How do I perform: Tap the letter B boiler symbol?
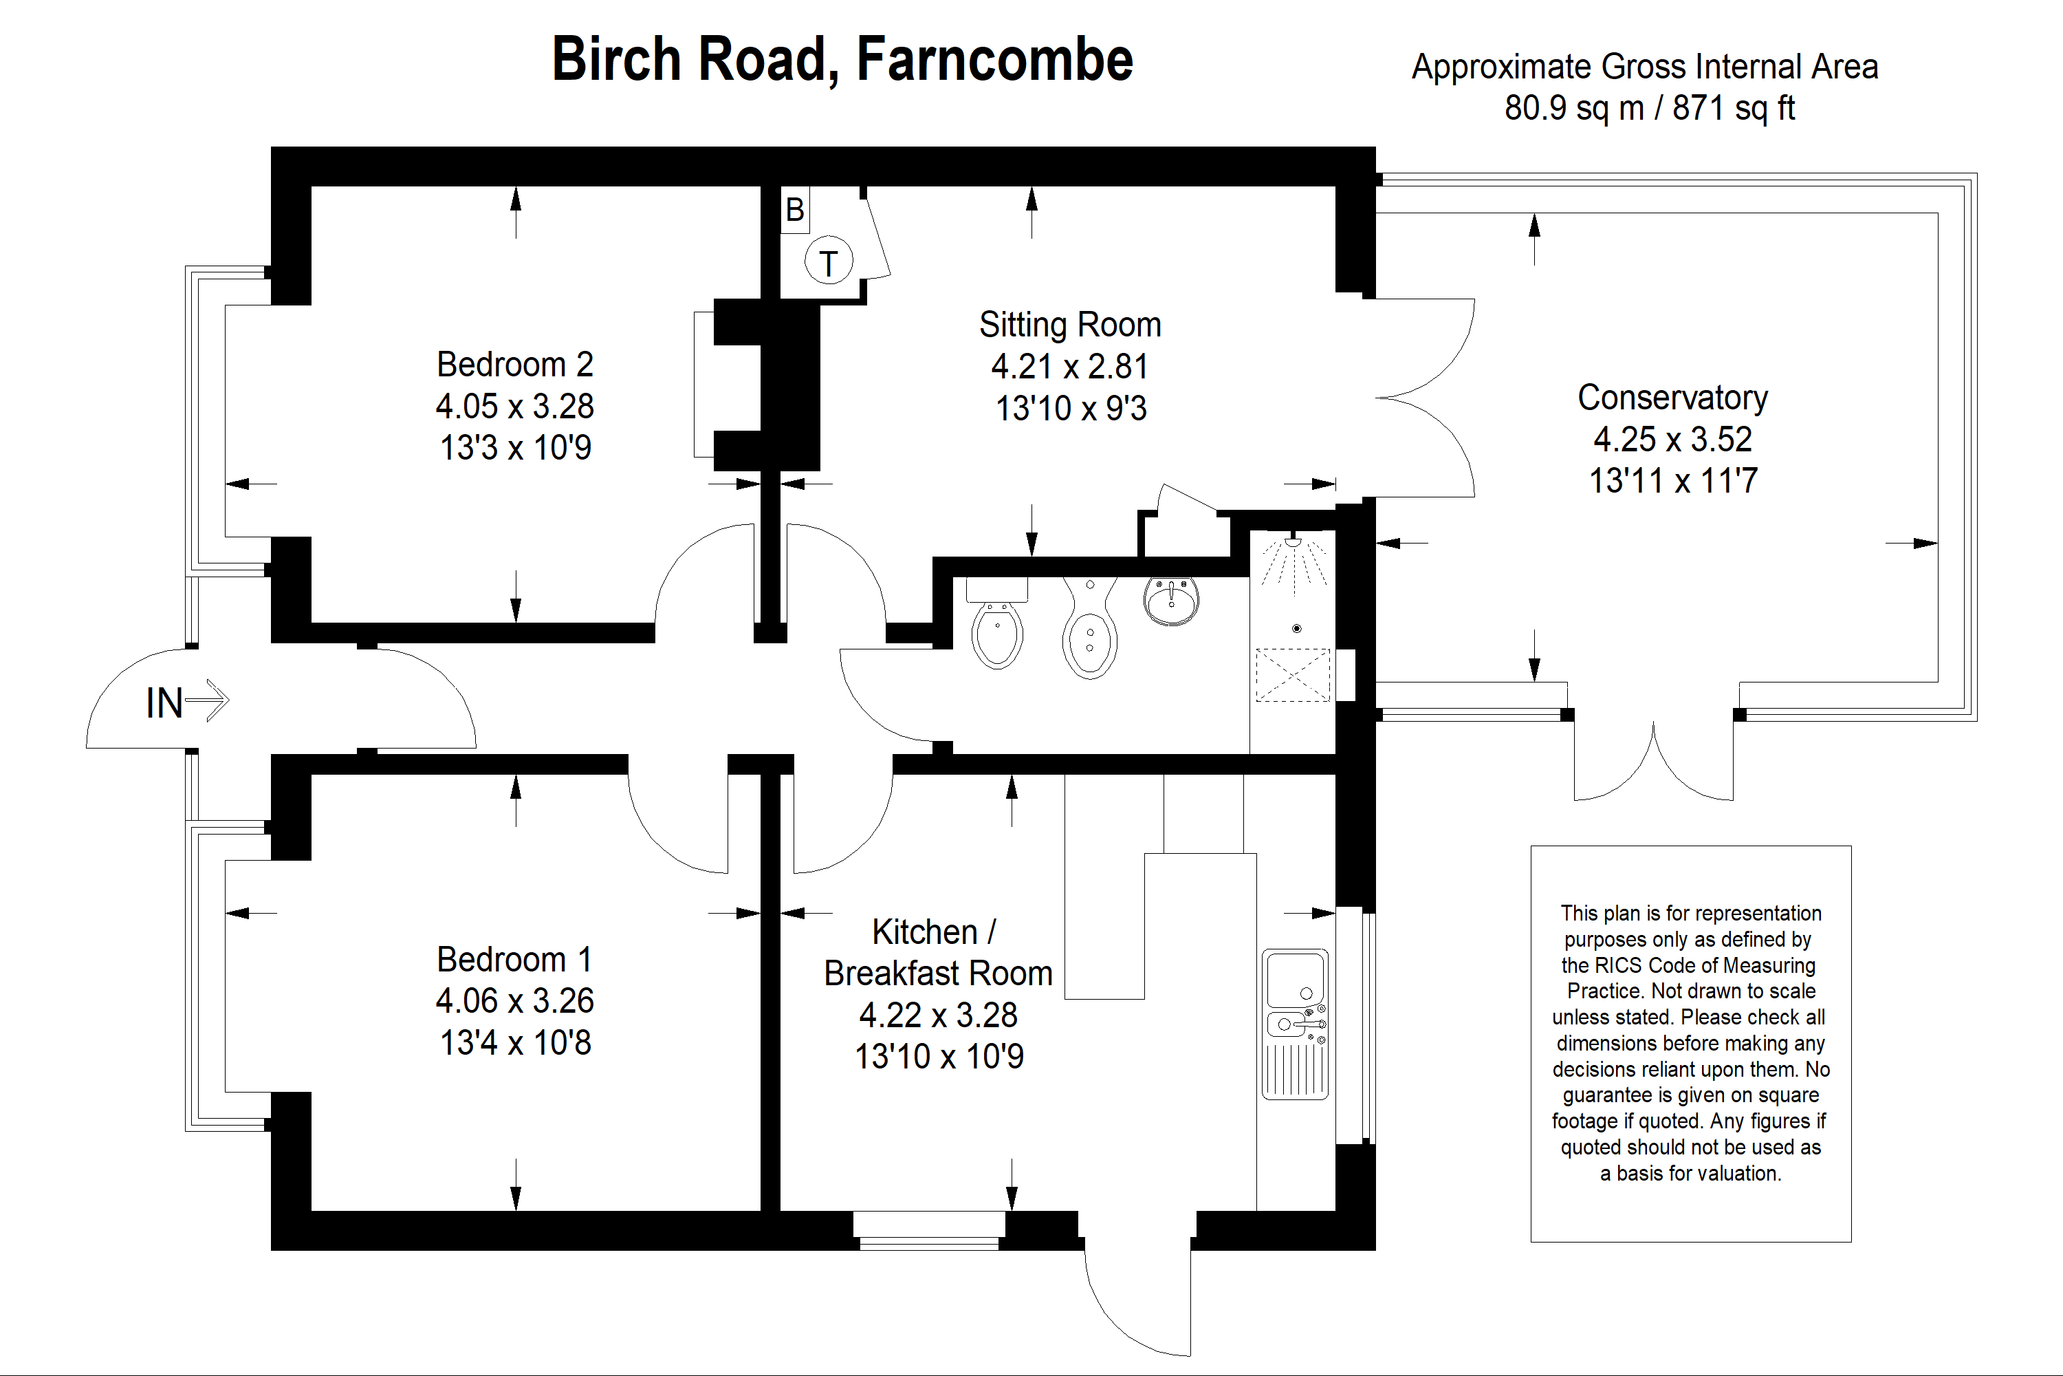click(x=795, y=211)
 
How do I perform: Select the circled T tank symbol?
click(x=829, y=261)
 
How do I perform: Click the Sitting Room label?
click(x=1070, y=325)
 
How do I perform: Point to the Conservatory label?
click(x=1672, y=398)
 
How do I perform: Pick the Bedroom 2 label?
click(x=515, y=364)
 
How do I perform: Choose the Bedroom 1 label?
click(x=515, y=959)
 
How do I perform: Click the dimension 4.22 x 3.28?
click(x=938, y=1015)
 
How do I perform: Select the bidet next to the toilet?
click(x=1089, y=632)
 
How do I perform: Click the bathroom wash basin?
click(x=1171, y=601)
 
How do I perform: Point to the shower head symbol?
click(x=1293, y=544)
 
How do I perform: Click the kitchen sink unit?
click(x=1295, y=1023)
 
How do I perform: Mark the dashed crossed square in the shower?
click(x=1293, y=674)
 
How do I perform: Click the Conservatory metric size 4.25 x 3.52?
click(x=1672, y=439)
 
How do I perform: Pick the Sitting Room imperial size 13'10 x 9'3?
click(x=1070, y=408)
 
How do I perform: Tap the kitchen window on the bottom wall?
click(x=929, y=1230)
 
